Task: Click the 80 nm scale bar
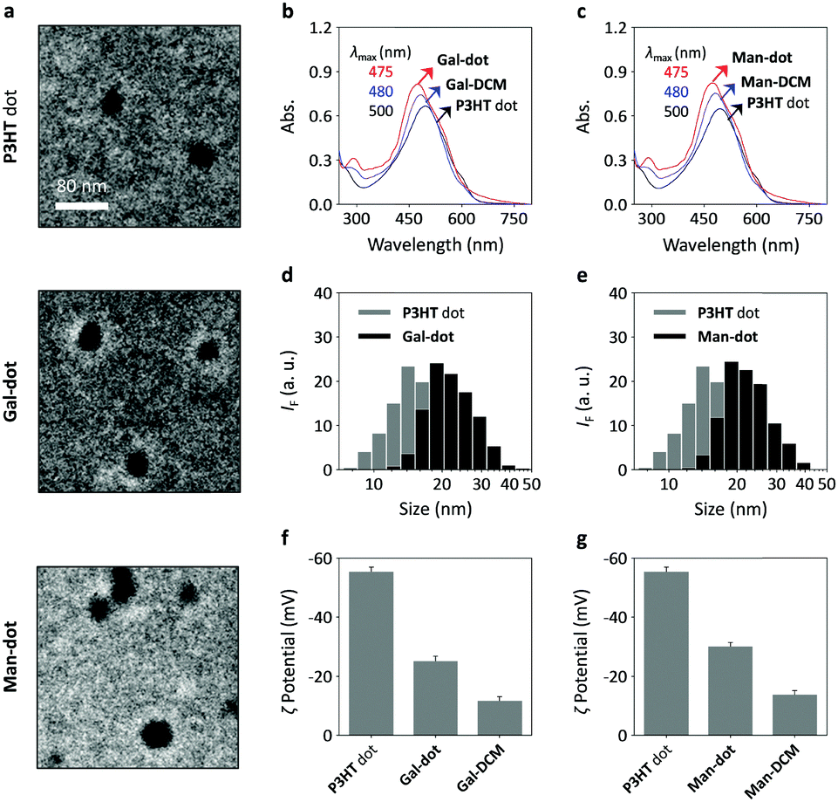[x=82, y=206]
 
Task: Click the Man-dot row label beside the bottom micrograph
[x=15, y=665]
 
